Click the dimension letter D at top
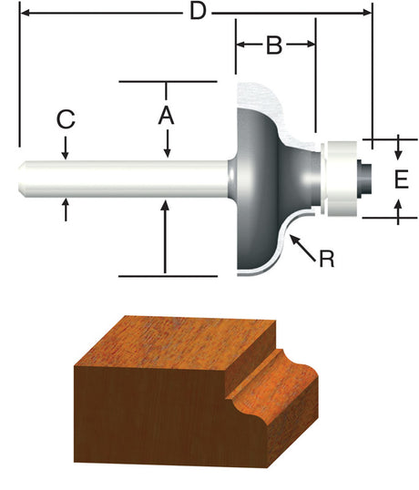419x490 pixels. click(x=194, y=13)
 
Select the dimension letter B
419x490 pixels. click(x=274, y=45)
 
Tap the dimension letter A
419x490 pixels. click(x=166, y=116)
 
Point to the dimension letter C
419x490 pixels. click(x=65, y=119)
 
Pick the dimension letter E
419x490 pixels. click(x=400, y=179)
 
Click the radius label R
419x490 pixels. click(x=326, y=259)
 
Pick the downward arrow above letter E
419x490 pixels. click(x=400, y=148)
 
